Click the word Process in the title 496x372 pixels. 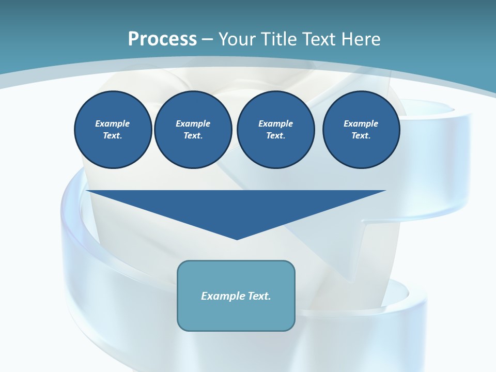(162, 39)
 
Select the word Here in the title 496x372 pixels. (360, 39)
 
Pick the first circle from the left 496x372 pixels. (113, 130)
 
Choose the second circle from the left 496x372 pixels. (193, 130)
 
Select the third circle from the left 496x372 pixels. (275, 130)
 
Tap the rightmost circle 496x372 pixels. (361, 130)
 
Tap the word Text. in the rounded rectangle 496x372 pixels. (260, 296)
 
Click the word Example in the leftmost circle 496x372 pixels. (113, 123)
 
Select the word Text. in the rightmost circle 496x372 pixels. (361, 136)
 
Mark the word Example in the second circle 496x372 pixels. (193, 123)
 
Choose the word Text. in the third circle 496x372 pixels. (275, 136)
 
